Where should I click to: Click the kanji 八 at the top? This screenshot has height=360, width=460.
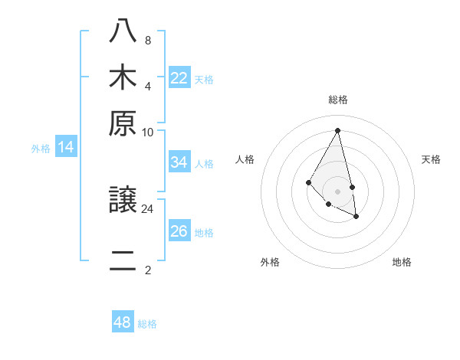pos(123,31)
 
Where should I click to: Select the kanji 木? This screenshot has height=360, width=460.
pos(123,77)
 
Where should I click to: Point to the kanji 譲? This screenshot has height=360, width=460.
pos(123,201)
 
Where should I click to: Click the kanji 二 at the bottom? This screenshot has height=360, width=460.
pos(123,262)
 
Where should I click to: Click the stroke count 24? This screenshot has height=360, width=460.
pos(148,208)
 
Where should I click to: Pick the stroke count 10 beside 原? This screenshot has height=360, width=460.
pos(148,132)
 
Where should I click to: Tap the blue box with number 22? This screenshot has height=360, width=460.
pos(179,77)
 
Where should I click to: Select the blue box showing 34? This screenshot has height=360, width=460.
pos(179,162)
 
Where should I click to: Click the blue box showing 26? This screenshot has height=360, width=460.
pos(179,231)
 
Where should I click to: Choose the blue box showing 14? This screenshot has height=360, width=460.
pos(66,147)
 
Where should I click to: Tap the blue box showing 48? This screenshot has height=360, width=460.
pos(123,322)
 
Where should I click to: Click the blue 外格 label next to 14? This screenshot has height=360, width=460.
pos(41,149)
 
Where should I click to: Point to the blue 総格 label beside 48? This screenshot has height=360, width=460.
pos(147,324)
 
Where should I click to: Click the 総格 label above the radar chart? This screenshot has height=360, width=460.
pos(338,100)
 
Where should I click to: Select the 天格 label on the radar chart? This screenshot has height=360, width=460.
pos(431,159)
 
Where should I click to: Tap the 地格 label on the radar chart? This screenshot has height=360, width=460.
pos(402,262)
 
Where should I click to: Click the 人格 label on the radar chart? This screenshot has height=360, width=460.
pos(245,159)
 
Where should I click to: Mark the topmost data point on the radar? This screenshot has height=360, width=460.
pos(338,129)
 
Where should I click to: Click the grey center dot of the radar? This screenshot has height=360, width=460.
pos(338,191)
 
